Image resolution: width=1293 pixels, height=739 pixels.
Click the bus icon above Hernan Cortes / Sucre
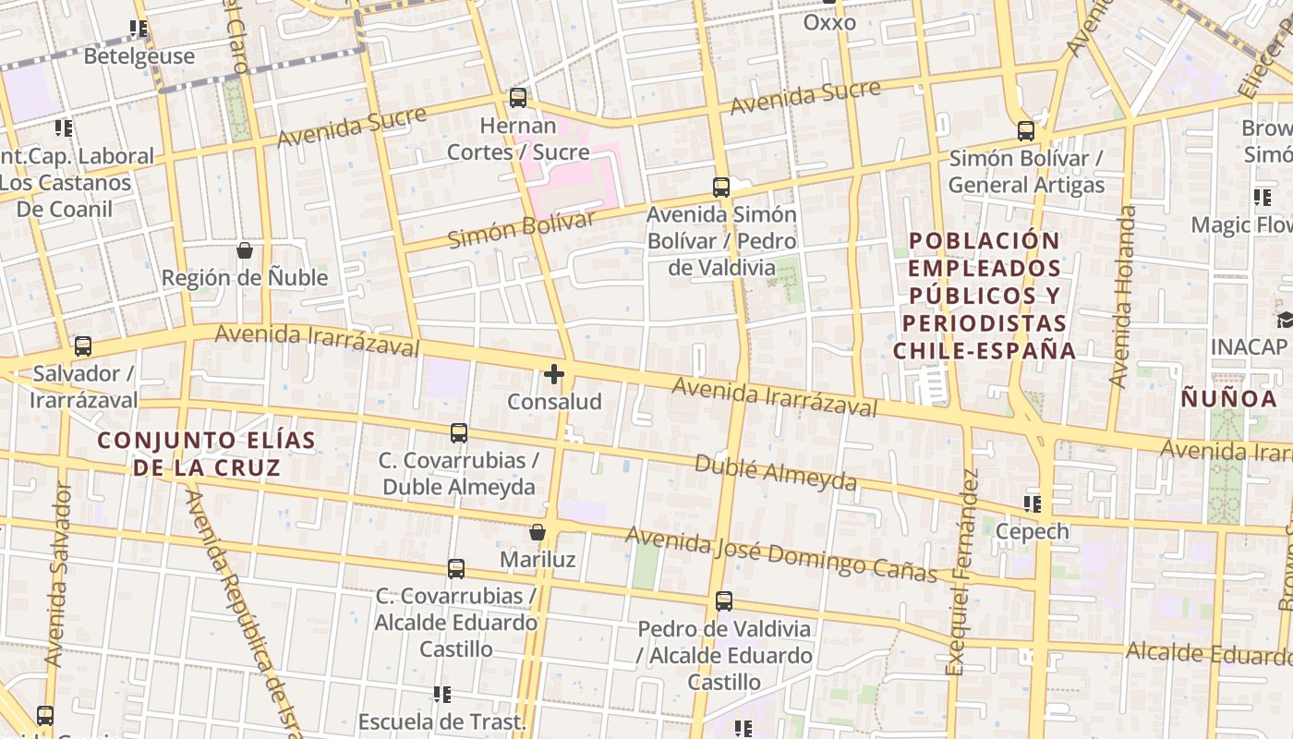tap(518, 98)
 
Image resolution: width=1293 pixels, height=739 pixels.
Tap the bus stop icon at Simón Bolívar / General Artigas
tap(1026, 131)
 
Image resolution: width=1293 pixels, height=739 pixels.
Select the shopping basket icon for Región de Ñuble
tap(245, 250)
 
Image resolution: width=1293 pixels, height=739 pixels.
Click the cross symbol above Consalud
tap(554, 374)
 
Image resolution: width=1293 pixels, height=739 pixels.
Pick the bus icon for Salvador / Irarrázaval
tap(83, 346)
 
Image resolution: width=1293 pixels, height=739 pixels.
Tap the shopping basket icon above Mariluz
tap(538, 532)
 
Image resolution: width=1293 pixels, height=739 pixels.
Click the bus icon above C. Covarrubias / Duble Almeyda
tap(458, 432)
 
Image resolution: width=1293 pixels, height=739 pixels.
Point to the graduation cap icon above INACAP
tap(1285, 321)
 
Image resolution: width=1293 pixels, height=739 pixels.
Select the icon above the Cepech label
tap(1033, 504)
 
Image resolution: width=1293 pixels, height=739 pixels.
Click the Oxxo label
tap(829, 22)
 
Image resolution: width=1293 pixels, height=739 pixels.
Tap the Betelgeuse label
tap(139, 56)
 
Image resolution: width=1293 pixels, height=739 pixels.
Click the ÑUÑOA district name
tap(1229, 399)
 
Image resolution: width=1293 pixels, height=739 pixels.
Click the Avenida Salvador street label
tap(57, 573)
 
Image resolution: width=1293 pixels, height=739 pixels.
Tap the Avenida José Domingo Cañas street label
tap(781, 554)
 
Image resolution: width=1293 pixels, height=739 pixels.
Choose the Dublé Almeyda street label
tap(776, 472)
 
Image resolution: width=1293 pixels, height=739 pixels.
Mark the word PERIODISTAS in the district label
tap(985, 323)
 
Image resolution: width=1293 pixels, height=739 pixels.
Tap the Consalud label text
tap(554, 402)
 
